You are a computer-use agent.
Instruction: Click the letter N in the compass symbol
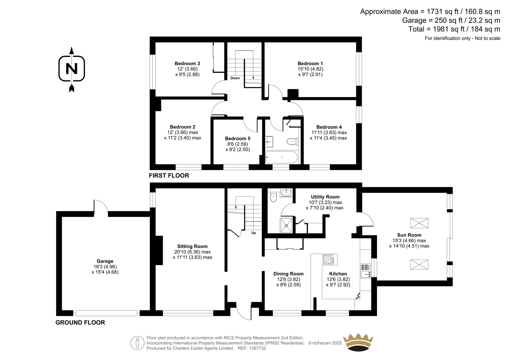coord(72,68)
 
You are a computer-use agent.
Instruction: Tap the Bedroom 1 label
coord(310,63)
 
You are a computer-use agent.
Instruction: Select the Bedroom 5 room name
coord(237,138)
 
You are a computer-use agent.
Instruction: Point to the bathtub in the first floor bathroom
coord(282,157)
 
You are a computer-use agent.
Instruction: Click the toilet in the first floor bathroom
coord(292,141)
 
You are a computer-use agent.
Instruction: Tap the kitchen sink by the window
coord(366,271)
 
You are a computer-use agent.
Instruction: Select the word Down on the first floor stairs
coord(235,78)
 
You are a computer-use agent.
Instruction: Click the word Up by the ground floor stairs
coord(253,233)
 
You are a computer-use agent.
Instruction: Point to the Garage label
coord(105,261)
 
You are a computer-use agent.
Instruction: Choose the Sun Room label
coord(409,235)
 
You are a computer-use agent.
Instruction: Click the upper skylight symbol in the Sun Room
coord(419,223)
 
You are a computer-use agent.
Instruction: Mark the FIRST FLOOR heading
coord(169,176)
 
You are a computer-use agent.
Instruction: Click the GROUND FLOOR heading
coord(80,322)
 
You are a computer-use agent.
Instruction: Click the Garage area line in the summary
coord(451,20)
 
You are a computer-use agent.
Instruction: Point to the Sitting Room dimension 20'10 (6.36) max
coord(192,252)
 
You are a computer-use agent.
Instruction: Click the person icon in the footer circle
coord(137,343)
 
